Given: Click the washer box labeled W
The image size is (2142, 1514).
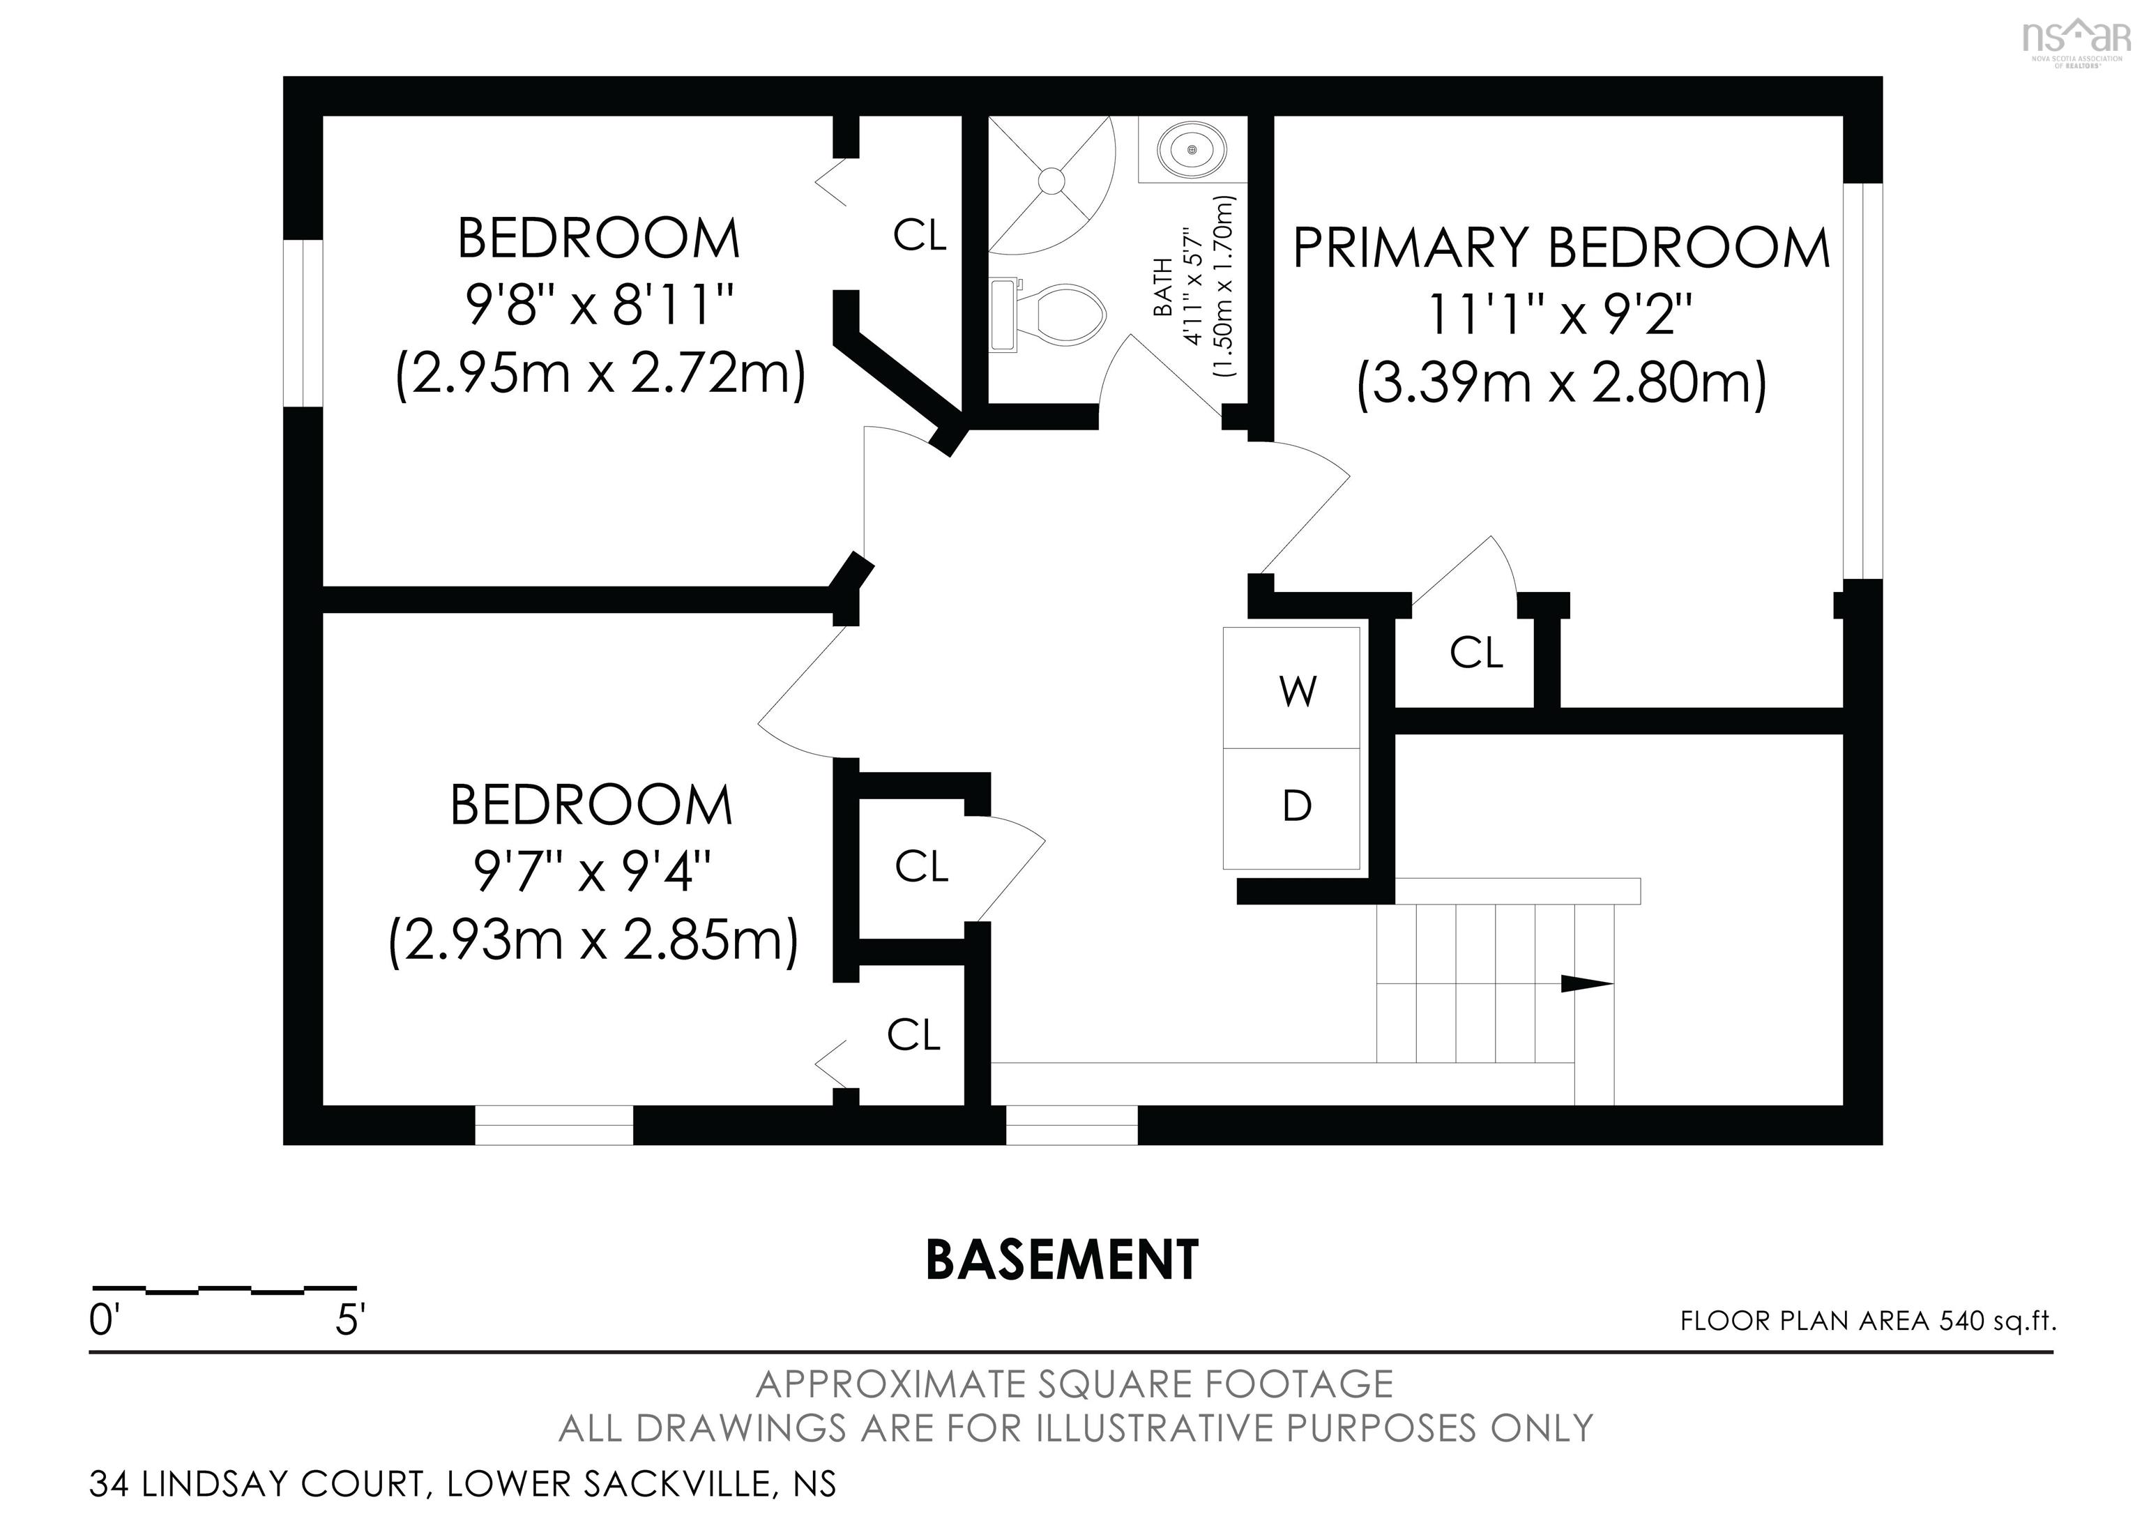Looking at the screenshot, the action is (1291, 688).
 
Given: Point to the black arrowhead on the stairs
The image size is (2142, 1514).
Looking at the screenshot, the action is (1587, 983).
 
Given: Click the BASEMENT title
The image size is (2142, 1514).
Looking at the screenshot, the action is (1062, 1260).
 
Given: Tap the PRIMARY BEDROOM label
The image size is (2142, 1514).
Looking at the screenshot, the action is (1560, 248).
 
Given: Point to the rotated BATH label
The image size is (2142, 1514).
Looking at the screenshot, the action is (1163, 287).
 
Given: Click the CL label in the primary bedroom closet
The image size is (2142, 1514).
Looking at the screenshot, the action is (1476, 652).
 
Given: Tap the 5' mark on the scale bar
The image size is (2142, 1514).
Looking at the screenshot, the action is (350, 1320).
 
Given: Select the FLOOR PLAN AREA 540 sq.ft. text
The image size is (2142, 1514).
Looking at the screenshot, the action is (1868, 1321).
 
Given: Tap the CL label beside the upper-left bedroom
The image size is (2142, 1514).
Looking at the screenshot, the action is (919, 235).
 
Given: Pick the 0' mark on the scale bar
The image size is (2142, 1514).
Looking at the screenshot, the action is (102, 1320).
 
